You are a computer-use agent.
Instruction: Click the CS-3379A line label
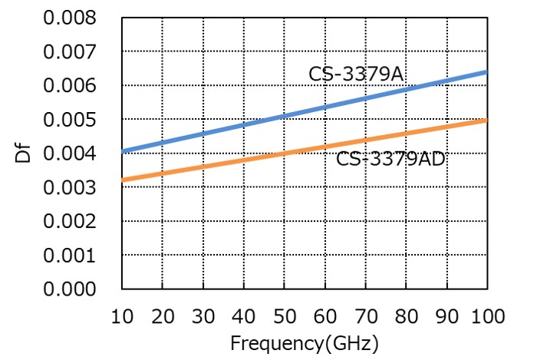[356, 74]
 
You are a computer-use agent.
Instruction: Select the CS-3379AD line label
[390, 159]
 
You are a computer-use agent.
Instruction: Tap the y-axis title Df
[23, 153]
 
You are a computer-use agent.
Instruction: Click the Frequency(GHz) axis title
[305, 343]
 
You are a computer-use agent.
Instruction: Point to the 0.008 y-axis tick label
[70, 18]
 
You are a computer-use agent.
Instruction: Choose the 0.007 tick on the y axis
[70, 51]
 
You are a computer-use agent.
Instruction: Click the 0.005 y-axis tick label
[70, 119]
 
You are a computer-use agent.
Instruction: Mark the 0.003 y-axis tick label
[70, 187]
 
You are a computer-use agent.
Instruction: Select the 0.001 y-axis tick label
[70, 255]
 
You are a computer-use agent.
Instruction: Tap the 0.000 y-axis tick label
[70, 289]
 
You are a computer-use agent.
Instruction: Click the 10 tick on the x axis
[122, 316]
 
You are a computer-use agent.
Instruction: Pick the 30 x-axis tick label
[203, 316]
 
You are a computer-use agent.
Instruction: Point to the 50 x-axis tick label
[285, 316]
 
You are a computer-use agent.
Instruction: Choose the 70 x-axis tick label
[366, 316]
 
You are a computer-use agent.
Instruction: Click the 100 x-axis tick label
[488, 316]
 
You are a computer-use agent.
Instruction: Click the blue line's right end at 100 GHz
[486, 72]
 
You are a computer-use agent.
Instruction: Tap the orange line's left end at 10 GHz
[123, 180]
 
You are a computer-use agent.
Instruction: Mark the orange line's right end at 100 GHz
[486, 121]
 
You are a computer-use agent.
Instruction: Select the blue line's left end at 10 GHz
[123, 151]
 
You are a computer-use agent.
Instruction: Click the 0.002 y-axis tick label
[70, 221]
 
